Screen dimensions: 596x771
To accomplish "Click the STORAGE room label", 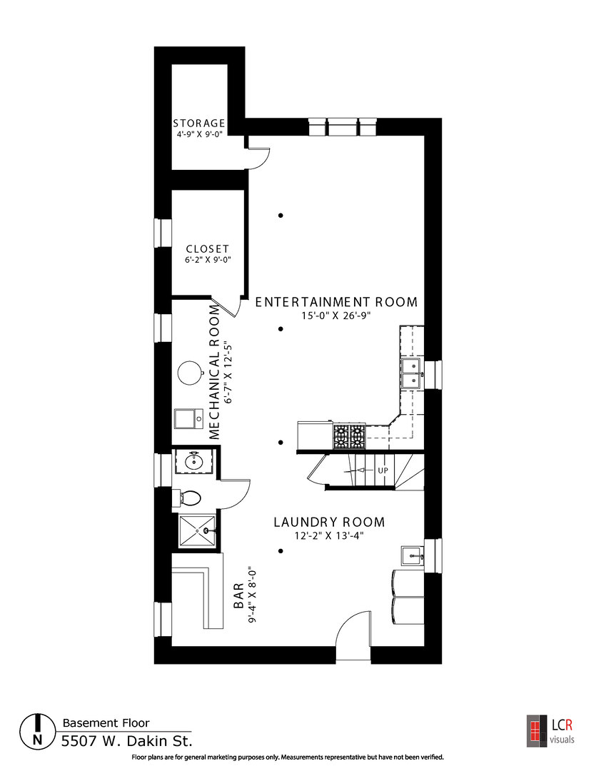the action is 198,123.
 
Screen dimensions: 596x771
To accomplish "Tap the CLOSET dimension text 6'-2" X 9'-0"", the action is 208,260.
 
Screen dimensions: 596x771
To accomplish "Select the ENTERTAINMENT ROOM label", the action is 336,302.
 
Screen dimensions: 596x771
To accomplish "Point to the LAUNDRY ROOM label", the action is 329,522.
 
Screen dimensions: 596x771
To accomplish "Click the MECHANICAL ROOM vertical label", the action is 214,372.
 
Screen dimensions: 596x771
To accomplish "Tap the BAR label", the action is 238,596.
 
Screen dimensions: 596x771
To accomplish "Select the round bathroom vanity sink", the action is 193,462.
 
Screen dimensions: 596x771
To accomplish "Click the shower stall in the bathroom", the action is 197,530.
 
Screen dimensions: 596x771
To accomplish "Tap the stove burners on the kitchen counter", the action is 349,436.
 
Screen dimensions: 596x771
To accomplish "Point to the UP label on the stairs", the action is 383,470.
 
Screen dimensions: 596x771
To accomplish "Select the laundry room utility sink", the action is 412,557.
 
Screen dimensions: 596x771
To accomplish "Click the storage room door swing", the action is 259,157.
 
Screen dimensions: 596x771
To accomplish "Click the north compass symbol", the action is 37,732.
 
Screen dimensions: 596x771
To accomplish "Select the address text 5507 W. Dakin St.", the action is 127,740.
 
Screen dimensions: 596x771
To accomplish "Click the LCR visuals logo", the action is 550,731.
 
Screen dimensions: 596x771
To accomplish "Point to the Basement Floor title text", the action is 106,722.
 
